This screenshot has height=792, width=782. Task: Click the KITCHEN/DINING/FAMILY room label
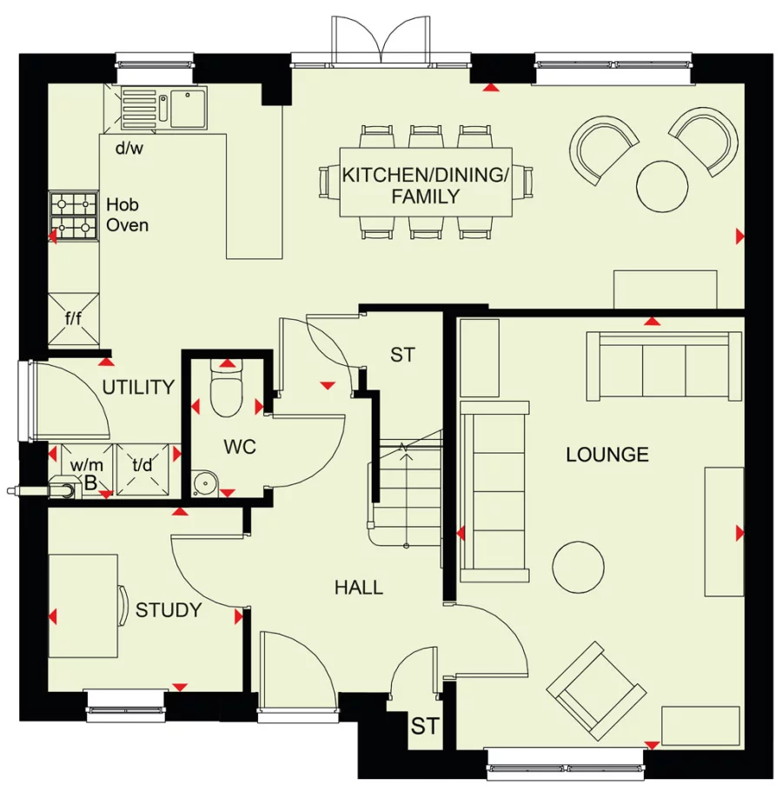point(424,185)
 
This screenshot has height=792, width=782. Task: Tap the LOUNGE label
point(606,454)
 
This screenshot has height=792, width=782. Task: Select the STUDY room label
point(169,610)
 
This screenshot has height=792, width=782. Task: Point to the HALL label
point(359,588)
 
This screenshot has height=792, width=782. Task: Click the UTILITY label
point(139,387)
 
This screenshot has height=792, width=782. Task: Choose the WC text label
point(240,447)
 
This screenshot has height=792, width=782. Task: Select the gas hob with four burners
point(74,216)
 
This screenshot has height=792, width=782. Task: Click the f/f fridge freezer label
point(74,317)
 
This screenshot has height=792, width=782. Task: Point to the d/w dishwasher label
point(129,147)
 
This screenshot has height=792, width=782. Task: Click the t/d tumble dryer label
point(142,464)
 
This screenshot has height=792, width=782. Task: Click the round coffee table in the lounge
point(578,567)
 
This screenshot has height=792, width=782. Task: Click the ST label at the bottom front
point(424,727)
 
